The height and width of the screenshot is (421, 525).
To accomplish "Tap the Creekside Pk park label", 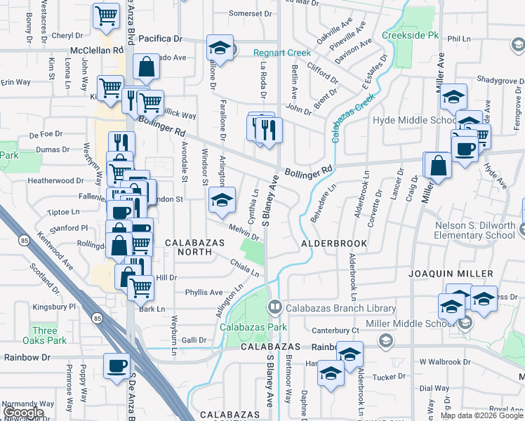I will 410,35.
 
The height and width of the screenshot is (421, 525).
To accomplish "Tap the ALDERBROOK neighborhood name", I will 334,243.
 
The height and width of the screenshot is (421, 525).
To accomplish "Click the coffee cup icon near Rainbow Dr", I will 116,365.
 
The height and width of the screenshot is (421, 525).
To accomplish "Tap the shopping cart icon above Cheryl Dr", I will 105,14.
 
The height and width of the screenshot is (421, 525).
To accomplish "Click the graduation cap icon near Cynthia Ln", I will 221,200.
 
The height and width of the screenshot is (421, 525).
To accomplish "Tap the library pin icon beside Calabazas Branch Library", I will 275,307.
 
